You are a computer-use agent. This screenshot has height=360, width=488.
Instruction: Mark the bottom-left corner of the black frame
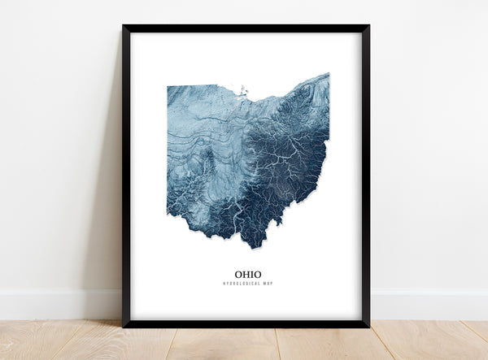(x=124, y=326)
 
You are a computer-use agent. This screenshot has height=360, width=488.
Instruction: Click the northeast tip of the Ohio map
(x=328, y=74)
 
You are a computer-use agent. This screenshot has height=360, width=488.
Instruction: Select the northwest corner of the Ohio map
(x=168, y=86)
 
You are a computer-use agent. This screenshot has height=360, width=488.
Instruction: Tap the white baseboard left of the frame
(x=57, y=304)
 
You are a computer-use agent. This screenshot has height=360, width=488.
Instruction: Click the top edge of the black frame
(x=244, y=28)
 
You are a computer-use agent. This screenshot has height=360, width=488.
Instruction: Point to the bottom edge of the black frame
(x=244, y=325)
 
